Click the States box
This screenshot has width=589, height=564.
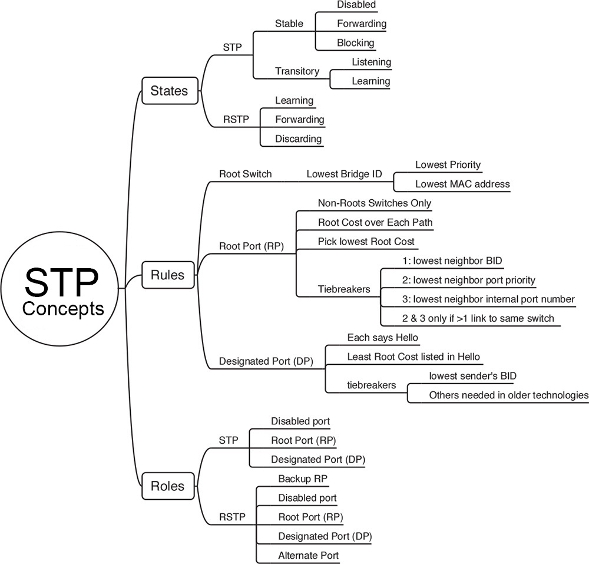tap(169, 91)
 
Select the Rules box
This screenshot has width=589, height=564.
tap(167, 275)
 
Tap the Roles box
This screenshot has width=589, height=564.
tap(167, 486)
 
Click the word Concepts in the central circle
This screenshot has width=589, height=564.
tap(63, 308)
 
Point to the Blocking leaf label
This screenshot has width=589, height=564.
tap(355, 42)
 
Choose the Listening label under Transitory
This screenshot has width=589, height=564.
tap(371, 62)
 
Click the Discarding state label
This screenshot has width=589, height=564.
tap(298, 139)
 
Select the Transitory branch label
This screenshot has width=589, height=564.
tap(297, 71)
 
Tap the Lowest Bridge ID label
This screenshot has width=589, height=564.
tap(345, 174)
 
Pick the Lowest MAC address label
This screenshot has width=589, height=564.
tap(462, 184)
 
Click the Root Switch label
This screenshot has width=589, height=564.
tap(245, 174)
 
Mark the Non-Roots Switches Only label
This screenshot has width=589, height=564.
tap(375, 203)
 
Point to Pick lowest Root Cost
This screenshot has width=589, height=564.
tap(366, 242)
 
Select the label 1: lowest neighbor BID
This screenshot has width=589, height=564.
tap(453, 261)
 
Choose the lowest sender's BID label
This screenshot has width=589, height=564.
tap(473, 376)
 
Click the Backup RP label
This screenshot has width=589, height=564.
tap(302, 479)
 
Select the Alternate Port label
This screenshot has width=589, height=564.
tap(308, 555)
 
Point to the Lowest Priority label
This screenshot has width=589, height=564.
tap(448, 165)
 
